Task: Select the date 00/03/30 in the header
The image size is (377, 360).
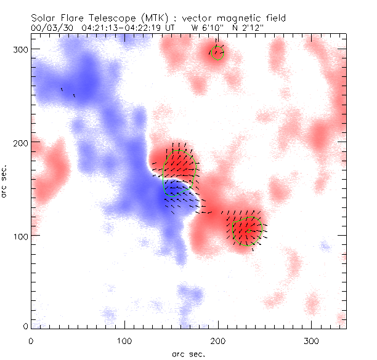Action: pyautogui.click(x=52, y=28)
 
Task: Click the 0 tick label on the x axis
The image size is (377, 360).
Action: pyautogui.click(x=31, y=340)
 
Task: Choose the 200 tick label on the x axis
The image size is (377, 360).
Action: pyautogui.click(x=217, y=340)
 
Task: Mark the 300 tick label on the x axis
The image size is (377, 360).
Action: pyautogui.click(x=311, y=340)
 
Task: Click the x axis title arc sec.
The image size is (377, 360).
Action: pyautogui.click(x=188, y=353)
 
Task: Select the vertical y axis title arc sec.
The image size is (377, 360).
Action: pyautogui.click(x=5, y=181)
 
